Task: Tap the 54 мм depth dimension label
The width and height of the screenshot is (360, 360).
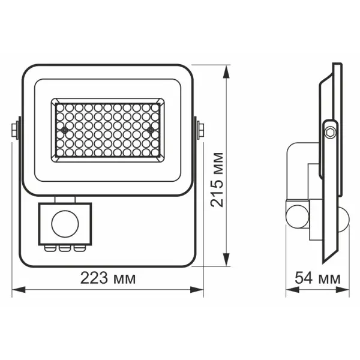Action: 317,278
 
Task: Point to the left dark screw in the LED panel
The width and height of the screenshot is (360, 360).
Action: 64,128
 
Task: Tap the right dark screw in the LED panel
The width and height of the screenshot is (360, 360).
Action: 150,128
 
